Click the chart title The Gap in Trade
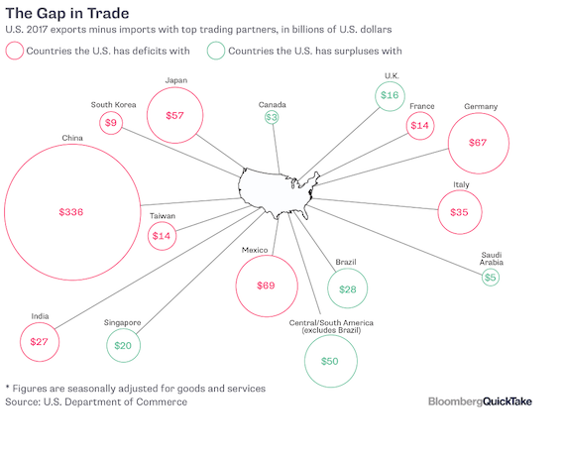pyautogui.click(x=67, y=13)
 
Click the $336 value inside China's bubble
pyautogui.click(x=71, y=212)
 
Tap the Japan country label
pyautogui.click(x=176, y=80)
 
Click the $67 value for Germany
pyautogui.click(x=478, y=143)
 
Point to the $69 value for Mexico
pyautogui.click(x=266, y=286)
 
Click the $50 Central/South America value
pyautogui.click(x=329, y=361)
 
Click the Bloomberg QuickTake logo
pyautogui.click(x=480, y=401)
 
